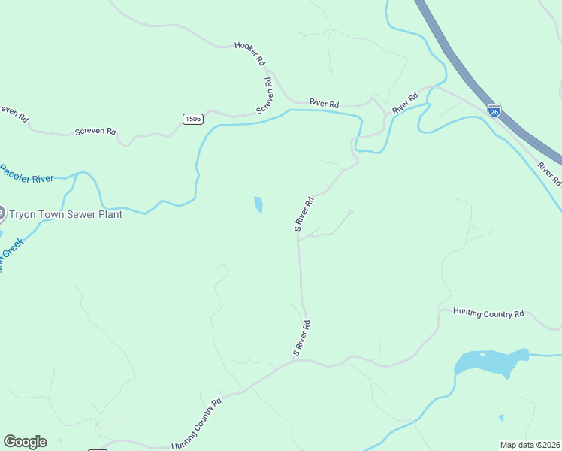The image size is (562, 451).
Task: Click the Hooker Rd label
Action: click(x=250, y=53)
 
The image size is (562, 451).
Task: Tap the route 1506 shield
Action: click(x=192, y=119)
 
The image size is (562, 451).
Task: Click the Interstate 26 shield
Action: click(x=494, y=111)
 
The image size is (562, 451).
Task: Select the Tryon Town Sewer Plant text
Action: click(x=65, y=214)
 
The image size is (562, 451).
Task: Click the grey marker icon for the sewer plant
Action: click(x=2, y=214)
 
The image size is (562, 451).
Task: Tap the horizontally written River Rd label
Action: click(x=325, y=103)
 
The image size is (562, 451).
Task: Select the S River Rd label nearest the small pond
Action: click(x=304, y=214)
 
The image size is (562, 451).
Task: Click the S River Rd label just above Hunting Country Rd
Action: click(x=301, y=338)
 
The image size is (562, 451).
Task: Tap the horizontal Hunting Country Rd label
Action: click(x=488, y=313)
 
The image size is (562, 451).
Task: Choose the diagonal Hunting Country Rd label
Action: click(x=196, y=425)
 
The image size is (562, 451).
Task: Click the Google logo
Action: click(x=25, y=442)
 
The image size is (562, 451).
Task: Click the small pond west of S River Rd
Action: click(x=258, y=204)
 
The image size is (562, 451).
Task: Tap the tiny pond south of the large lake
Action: click(x=501, y=417)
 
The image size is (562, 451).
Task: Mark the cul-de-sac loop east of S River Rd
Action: click(x=351, y=212)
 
